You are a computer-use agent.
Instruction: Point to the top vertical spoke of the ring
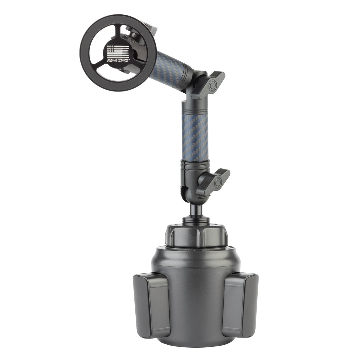(x=118, y=30)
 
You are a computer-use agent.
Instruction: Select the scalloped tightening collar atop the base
(x=195, y=235)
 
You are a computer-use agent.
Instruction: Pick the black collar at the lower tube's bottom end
(x=194, y=165)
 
